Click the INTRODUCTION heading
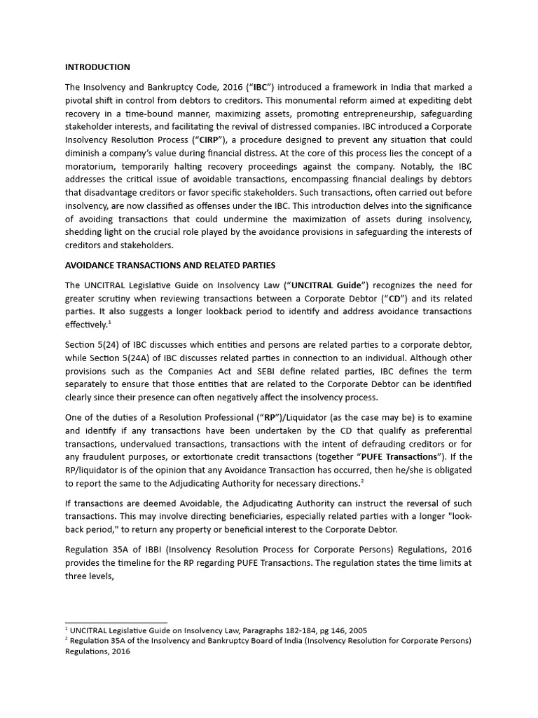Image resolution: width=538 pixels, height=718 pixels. click(97, 67)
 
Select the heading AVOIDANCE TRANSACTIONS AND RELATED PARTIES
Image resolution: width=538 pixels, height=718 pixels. click(170, 265)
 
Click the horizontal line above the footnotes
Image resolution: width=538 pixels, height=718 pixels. click(116, 622)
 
